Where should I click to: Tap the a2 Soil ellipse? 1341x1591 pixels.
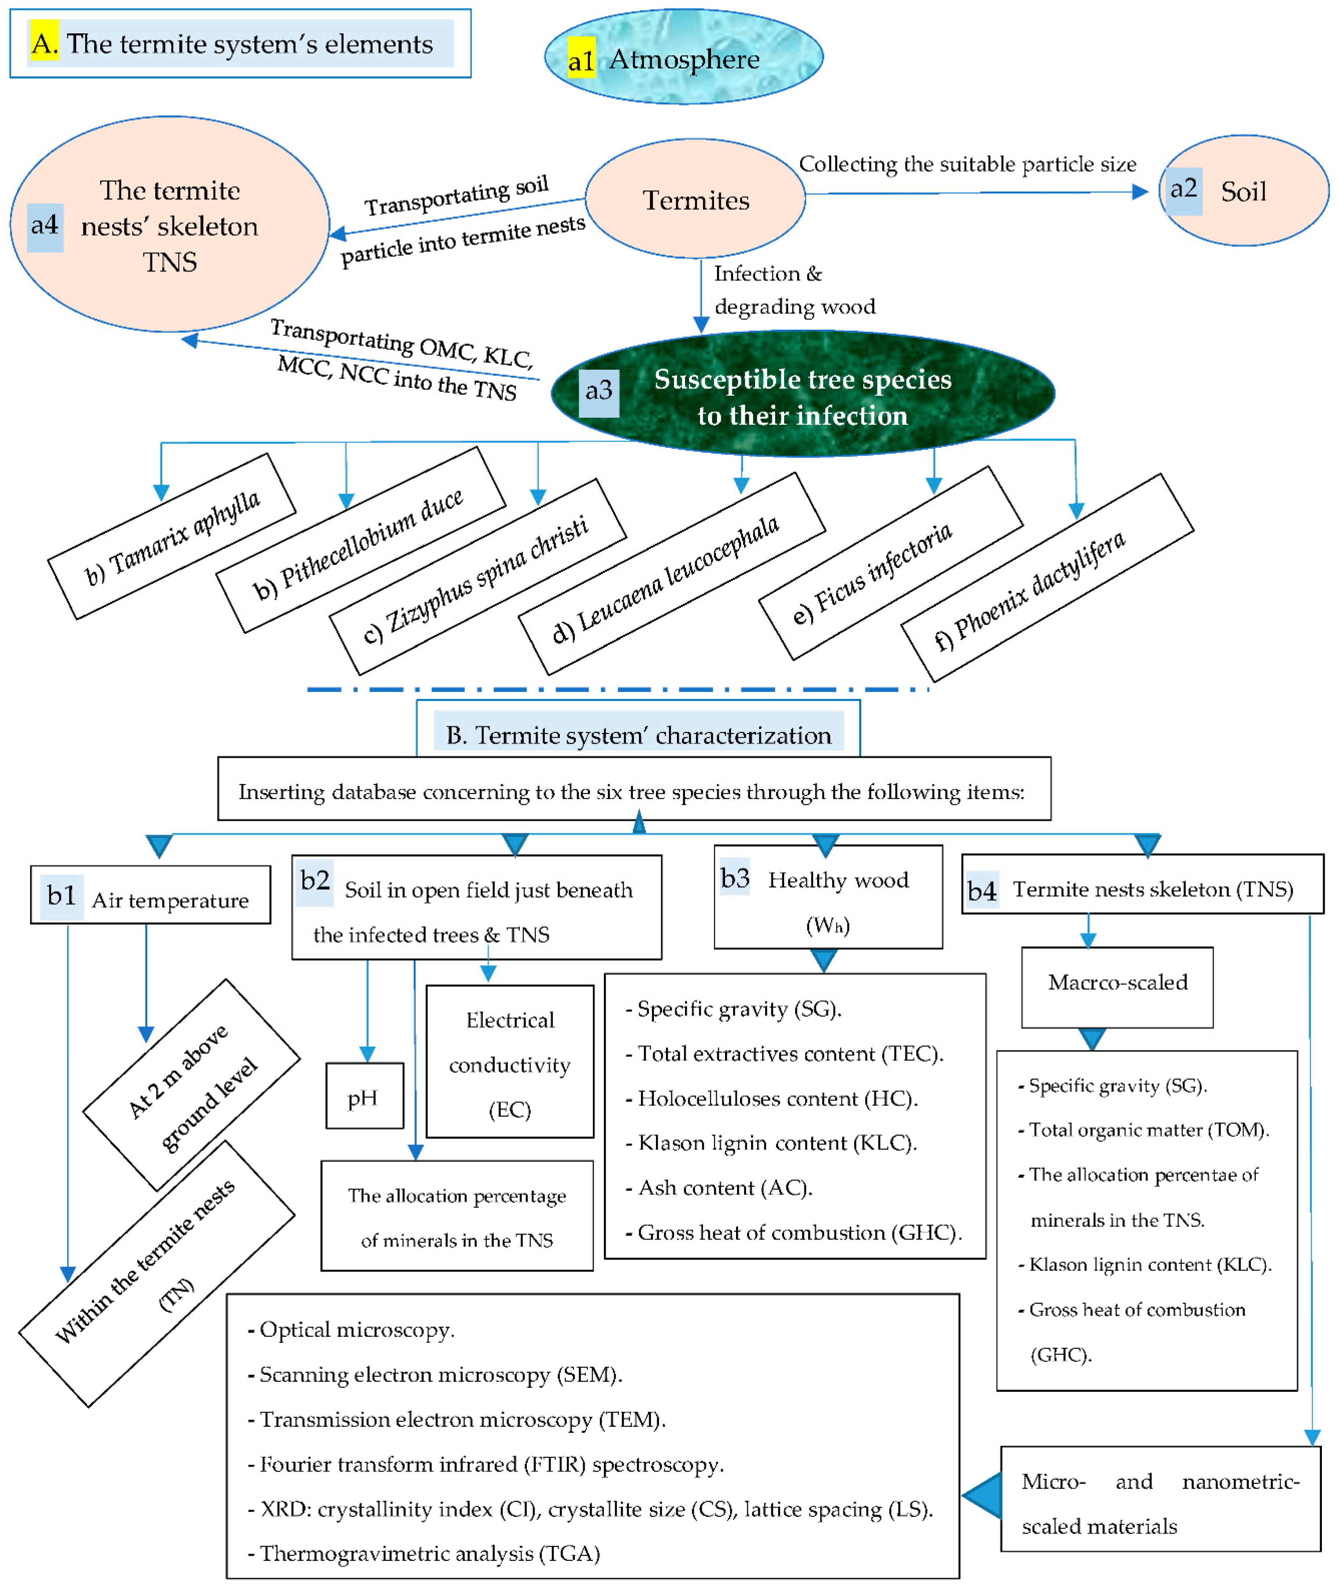pos(1244,191)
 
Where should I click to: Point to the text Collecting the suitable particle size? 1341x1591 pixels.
pos(967,164)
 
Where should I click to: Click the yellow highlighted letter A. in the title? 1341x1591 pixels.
pos(43,43)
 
